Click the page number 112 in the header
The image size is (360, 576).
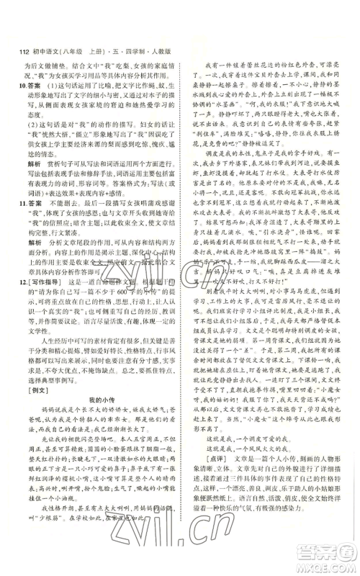[16, 50]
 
